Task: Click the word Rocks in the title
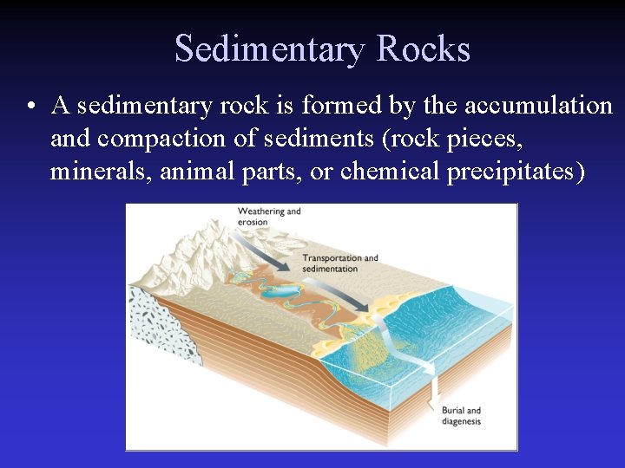tap(423, 49)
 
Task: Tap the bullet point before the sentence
tap(30, 107)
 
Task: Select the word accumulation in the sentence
tap(538, 106)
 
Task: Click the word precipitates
tap(516, 172)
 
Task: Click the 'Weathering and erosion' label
tap(268, 216)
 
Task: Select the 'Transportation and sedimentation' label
tap(339, 263)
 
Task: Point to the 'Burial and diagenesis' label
tap(460, 416)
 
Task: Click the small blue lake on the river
tap(277, 295)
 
